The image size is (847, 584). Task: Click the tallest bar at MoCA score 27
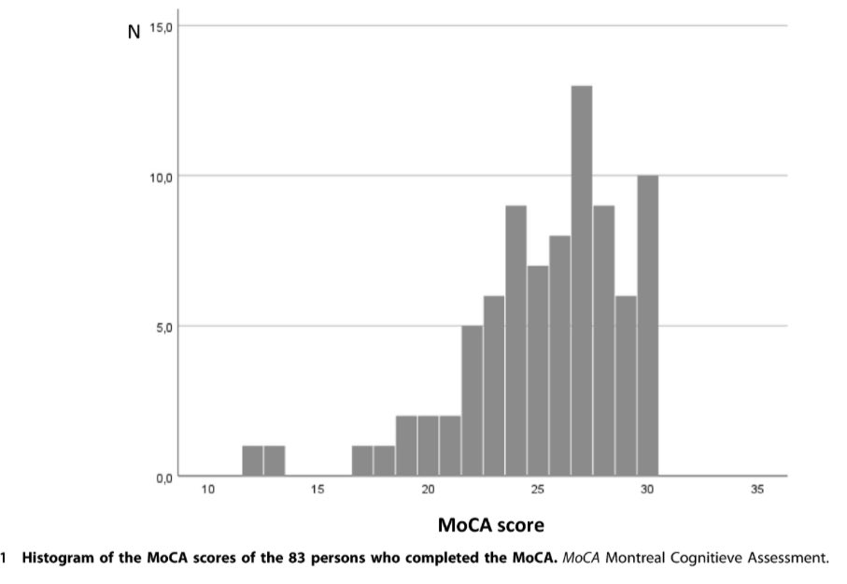click(x=582, y=280)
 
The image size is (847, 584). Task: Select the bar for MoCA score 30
click(x=647, y=326)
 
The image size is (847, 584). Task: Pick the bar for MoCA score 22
click(x=473, y=401)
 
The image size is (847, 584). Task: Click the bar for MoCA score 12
click(x=253, y=462)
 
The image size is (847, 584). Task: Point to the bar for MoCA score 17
click(x=362, y=462)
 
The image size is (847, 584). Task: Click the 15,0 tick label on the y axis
click(x=161, y=26)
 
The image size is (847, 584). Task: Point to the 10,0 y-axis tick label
click(x=161, y=177)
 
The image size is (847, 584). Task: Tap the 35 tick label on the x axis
click(x=756, y=490)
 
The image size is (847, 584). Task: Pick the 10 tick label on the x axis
click(x=209, y=490)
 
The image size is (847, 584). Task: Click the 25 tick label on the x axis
click(x=538, y=490)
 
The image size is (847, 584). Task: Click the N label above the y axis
click(x=134, y=32)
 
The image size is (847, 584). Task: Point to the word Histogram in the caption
click(x=58, y=560)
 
